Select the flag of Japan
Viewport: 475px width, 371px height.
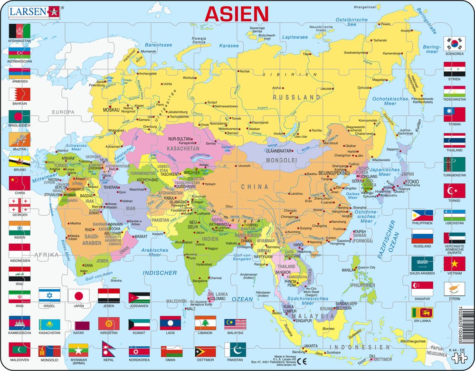tap(78, 295)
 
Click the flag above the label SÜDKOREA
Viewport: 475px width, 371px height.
tap(454, 43)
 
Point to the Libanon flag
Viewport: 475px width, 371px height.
tap(205, 323)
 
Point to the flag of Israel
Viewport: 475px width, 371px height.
tap(49, 295)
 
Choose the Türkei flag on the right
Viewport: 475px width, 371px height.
tap(454, 191)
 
